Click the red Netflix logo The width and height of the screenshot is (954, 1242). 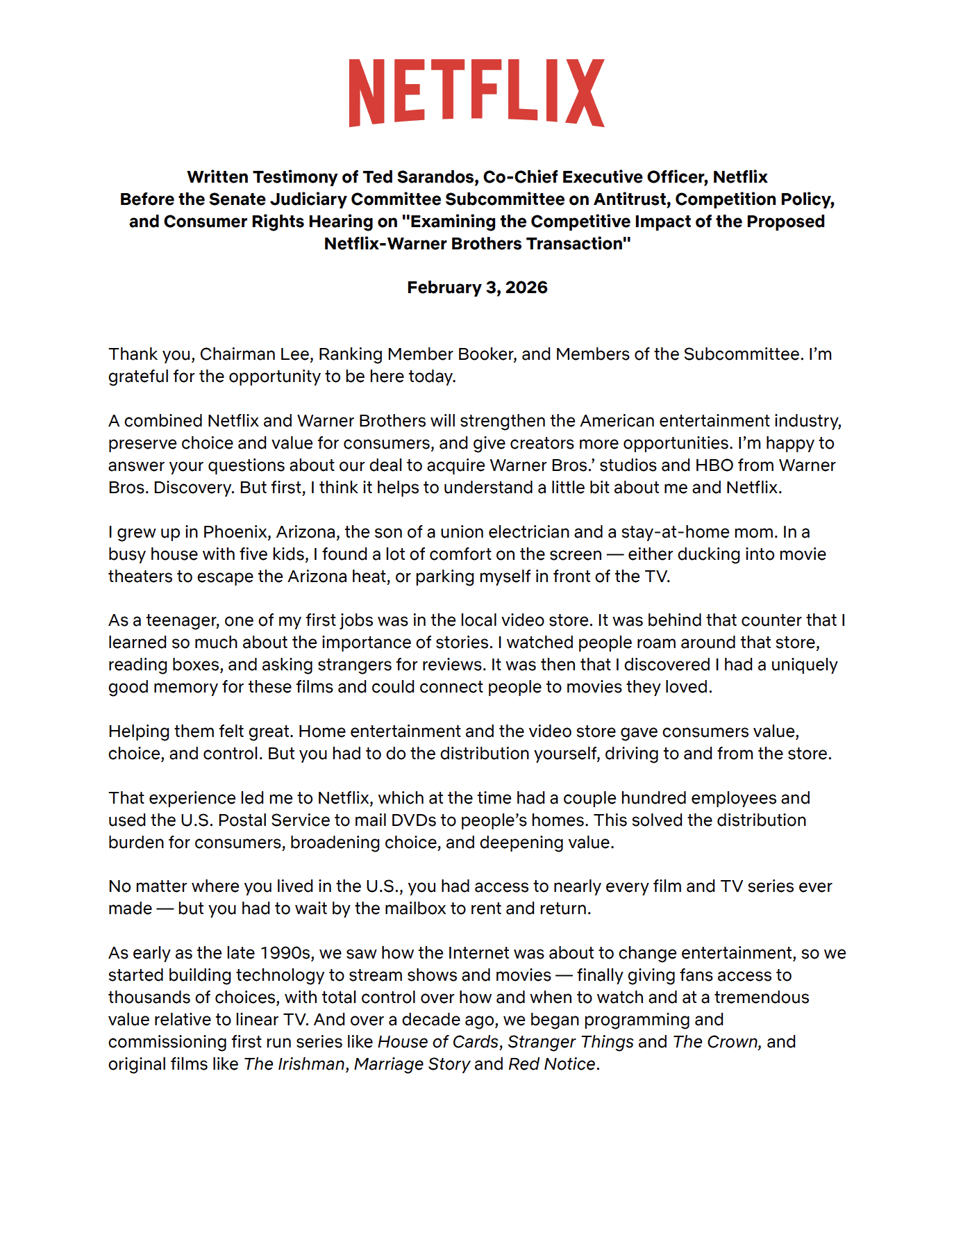(476, 93)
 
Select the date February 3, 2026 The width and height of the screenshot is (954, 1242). (477, 288)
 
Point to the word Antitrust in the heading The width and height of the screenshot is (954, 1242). (633, 199)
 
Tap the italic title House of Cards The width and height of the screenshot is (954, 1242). (438, 1042)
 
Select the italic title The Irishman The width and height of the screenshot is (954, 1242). (294, 1064)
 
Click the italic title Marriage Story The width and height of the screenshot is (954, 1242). (412, 1064)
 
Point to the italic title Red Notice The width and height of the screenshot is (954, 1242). (552, 1064)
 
